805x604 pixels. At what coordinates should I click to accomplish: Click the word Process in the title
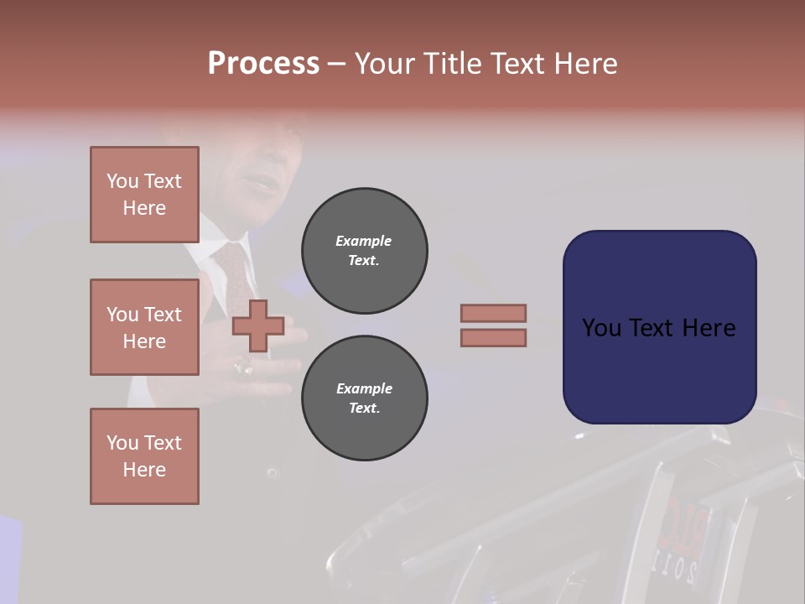263,63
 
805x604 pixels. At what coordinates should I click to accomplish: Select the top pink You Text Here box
144,195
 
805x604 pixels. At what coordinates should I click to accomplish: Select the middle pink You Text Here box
144,327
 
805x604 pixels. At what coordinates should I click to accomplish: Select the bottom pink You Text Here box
144,456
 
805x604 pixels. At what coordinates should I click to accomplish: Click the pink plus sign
257,325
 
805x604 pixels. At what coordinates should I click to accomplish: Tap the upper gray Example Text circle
364,251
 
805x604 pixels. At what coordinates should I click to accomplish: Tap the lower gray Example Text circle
364,398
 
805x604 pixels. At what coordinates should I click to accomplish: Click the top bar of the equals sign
493,313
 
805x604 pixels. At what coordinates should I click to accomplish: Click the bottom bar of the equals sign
493,337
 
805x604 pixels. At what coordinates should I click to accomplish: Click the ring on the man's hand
245,367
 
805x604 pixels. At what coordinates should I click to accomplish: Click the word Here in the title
586,63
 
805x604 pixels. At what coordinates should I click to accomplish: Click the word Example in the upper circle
363,241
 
